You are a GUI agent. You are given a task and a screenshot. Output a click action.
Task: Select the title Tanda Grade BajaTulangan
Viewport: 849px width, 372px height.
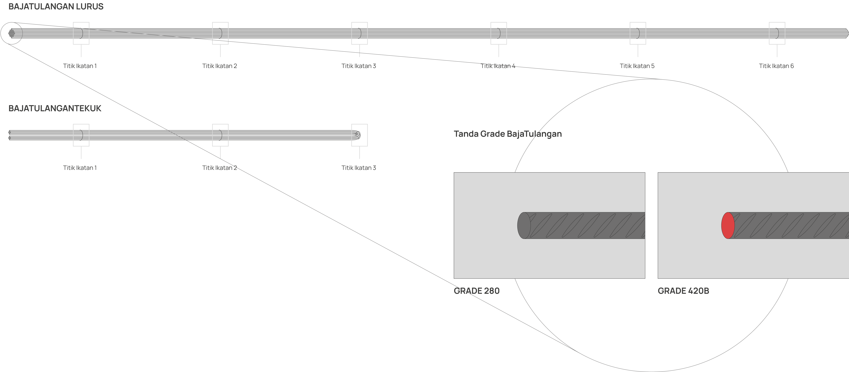pyautogui.click(x=508, y=134)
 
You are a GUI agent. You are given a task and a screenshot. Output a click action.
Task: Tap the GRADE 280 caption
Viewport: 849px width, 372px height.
pyautogui.click(x=477, y=291)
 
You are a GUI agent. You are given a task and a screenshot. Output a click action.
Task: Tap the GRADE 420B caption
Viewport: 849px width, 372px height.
pyautogui.click(x=683, y=291)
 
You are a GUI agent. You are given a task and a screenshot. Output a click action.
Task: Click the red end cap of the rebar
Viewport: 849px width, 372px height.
pyautogui.click(x=728, y=225)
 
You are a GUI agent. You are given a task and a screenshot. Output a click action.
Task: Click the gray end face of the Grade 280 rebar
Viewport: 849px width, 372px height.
pyautogui.click(x=524, y=225)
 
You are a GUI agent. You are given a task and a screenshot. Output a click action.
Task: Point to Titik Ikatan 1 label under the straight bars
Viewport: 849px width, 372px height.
pyautogui.click(x=80, y=66)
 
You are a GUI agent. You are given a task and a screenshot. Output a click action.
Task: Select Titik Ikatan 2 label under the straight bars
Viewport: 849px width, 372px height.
pyautogui.click(x=219, y=66)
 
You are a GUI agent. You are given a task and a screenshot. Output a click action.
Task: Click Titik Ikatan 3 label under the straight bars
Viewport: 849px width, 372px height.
pyautogui.click(x=359, y=66)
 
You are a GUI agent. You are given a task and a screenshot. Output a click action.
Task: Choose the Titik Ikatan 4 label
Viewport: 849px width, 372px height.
pyautogui.click(x=498, y=66)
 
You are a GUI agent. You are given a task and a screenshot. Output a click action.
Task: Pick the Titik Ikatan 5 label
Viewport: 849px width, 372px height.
pyautogui.click(x=637, y=66)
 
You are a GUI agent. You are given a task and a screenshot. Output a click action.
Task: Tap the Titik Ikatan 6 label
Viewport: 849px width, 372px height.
pyautogui.click(x=776, y=66)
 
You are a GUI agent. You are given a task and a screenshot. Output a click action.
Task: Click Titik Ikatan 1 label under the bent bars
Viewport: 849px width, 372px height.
pyautogui.click(x=80, y=168)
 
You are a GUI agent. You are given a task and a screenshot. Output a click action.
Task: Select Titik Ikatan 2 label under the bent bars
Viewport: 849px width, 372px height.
pyautogui.click(x=219, y=168)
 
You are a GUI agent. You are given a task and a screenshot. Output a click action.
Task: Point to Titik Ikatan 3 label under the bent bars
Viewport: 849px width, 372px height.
pyautogui.click(x=359, y=168)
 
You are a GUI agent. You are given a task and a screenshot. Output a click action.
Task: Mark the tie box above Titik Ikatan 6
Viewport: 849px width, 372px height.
pyautogui.click(x=777, y=22)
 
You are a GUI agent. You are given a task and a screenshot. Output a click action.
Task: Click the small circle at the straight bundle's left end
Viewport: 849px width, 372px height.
pyautogui.click(x=11, y=22)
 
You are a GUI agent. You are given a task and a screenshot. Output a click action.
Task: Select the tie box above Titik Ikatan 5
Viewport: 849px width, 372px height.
pyautogui.click(x=638, y=22)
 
